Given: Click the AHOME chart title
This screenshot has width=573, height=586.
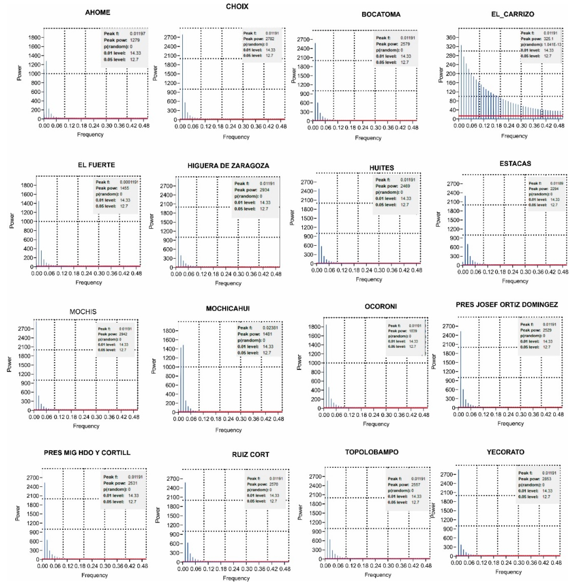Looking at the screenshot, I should point(98,12).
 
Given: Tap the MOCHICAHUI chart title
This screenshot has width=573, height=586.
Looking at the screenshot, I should point(228,309).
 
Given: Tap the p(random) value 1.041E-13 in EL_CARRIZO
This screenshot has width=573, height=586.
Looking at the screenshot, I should point(553,45).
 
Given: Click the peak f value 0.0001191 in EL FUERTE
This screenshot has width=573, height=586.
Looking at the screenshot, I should point(129,182).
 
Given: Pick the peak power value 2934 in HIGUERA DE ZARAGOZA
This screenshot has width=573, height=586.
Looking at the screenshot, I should point(265,190).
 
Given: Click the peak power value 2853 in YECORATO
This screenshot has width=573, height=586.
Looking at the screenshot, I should point(548,479).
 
